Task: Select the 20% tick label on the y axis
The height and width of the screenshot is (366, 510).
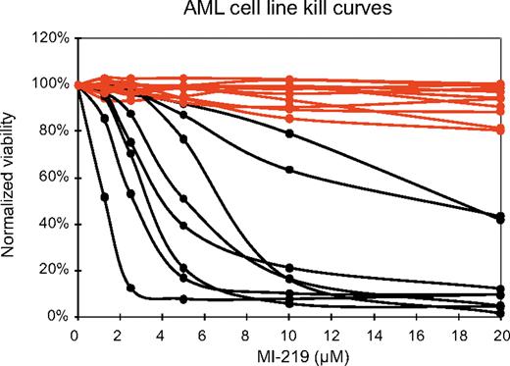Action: [52, 271]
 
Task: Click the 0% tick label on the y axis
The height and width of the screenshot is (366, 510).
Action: [56, 317]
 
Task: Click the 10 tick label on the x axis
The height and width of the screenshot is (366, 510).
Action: [288, 334]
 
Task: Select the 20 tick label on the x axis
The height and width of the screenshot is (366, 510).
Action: [501, 334]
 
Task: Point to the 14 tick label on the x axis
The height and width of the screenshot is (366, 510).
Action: [374, 334]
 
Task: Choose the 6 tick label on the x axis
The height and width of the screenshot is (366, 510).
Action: [203, 334]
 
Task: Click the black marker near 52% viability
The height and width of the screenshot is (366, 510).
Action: [104, 197]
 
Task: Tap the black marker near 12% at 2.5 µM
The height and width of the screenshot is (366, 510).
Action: [130, 288]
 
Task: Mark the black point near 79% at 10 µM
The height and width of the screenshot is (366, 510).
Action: [288, 133]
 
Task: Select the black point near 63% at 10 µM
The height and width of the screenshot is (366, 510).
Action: [288, 170]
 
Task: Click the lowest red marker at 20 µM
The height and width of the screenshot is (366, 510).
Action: [501, 130]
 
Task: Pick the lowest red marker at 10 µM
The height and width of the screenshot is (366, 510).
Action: [288, 118]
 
